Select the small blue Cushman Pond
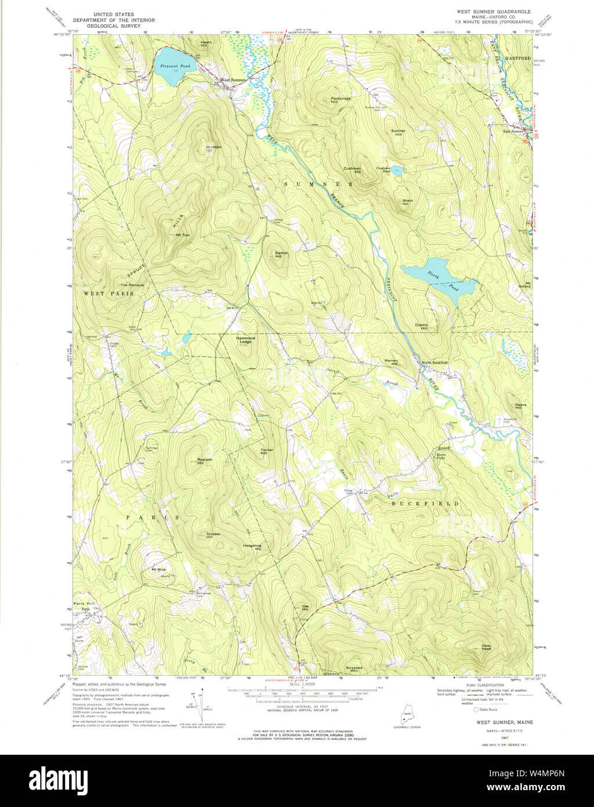pos(397,170)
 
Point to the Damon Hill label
pos(281,254)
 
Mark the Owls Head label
pos(486,647)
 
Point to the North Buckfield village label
pos(434,362)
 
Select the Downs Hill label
pos(421,326)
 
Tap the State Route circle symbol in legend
pos(477,709)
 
